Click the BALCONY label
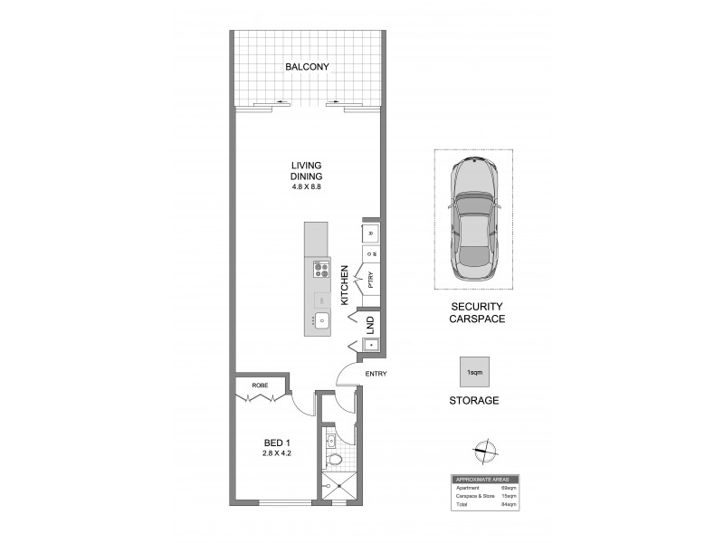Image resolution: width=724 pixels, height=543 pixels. [306, 68]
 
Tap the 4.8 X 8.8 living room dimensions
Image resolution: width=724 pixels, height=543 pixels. [306, 187]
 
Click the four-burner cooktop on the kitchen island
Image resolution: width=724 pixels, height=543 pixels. [319, 269]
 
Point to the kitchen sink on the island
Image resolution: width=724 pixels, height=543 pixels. [320, 319]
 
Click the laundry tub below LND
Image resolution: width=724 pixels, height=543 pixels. [370, 344]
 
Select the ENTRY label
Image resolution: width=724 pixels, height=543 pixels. [376, 374]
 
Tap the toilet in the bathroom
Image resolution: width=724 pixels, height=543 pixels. [335, 460]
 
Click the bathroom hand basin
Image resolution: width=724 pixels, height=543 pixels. [331, 441]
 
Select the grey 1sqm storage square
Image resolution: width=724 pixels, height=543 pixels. [472, 372]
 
